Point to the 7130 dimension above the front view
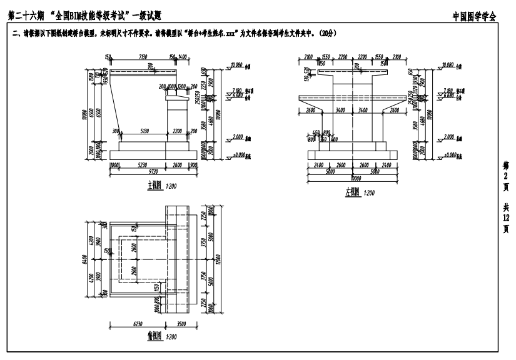pyautogui.click(x=143, y=56)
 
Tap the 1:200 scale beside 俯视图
pyautogui.click(x=169, y=336)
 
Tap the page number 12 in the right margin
pyautogui.click(x=505, y=217)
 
